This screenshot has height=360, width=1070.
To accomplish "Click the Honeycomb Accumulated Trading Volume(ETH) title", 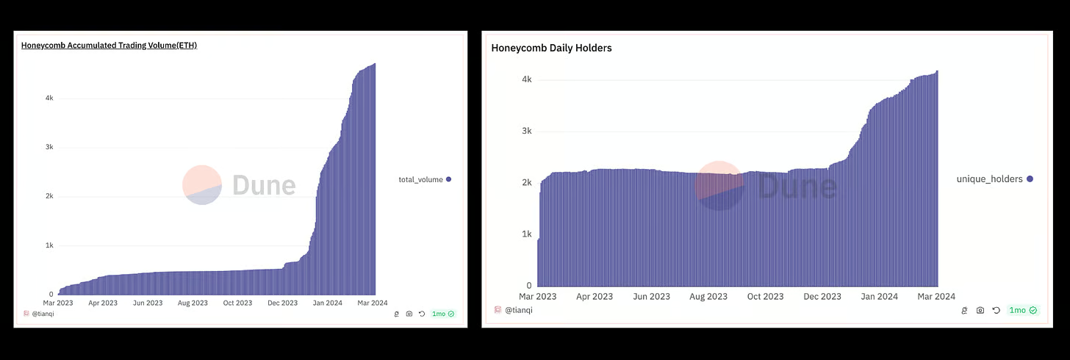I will click(109, 46).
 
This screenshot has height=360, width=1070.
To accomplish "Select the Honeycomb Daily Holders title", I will click(551, 48).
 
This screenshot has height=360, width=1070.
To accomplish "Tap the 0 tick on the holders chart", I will click(528, 286).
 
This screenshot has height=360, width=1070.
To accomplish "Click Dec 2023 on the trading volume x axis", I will click(282, 303).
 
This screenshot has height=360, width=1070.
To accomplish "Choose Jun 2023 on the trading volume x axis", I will click(148, 303).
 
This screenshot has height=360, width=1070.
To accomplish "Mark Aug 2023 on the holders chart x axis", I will click(708, 297).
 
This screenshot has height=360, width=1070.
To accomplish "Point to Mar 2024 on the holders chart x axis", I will click(936, 297).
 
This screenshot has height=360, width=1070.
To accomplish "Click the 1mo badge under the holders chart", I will click(1022, 311).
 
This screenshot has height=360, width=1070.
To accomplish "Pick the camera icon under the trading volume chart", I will click(409, 314).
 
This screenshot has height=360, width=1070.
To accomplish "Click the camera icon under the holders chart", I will click(980, 311).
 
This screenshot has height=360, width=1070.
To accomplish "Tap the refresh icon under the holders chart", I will click(996, 311).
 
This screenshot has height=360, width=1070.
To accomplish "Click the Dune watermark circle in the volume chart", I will click(202, 185).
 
